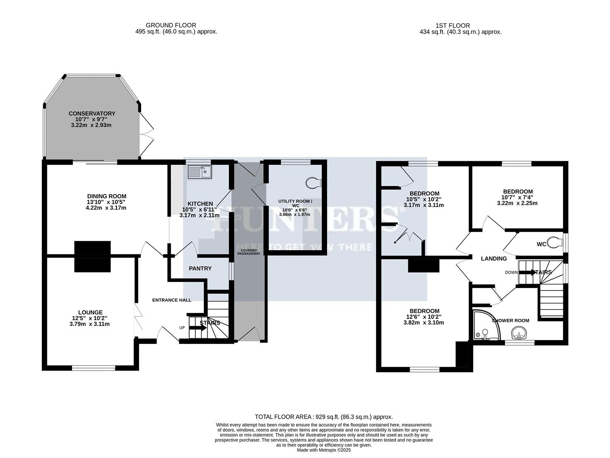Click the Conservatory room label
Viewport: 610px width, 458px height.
pos(92,114)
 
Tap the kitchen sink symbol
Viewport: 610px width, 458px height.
pos(200,172)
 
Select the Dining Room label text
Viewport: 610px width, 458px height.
pos(107,196)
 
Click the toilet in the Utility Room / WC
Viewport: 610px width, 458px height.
pos(314,182)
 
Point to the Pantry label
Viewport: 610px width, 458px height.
pos(200,268)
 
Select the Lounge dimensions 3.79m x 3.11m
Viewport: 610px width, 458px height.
pos(90,324)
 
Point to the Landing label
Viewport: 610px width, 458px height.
pos(494,259)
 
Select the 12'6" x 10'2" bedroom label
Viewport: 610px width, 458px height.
pos(424,311)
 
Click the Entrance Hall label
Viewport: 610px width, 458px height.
pos(172,300)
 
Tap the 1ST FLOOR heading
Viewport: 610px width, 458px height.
pos(452,25)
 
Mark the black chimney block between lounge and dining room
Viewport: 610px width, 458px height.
pos(92,256)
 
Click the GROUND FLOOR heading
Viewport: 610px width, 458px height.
pos(171,25)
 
